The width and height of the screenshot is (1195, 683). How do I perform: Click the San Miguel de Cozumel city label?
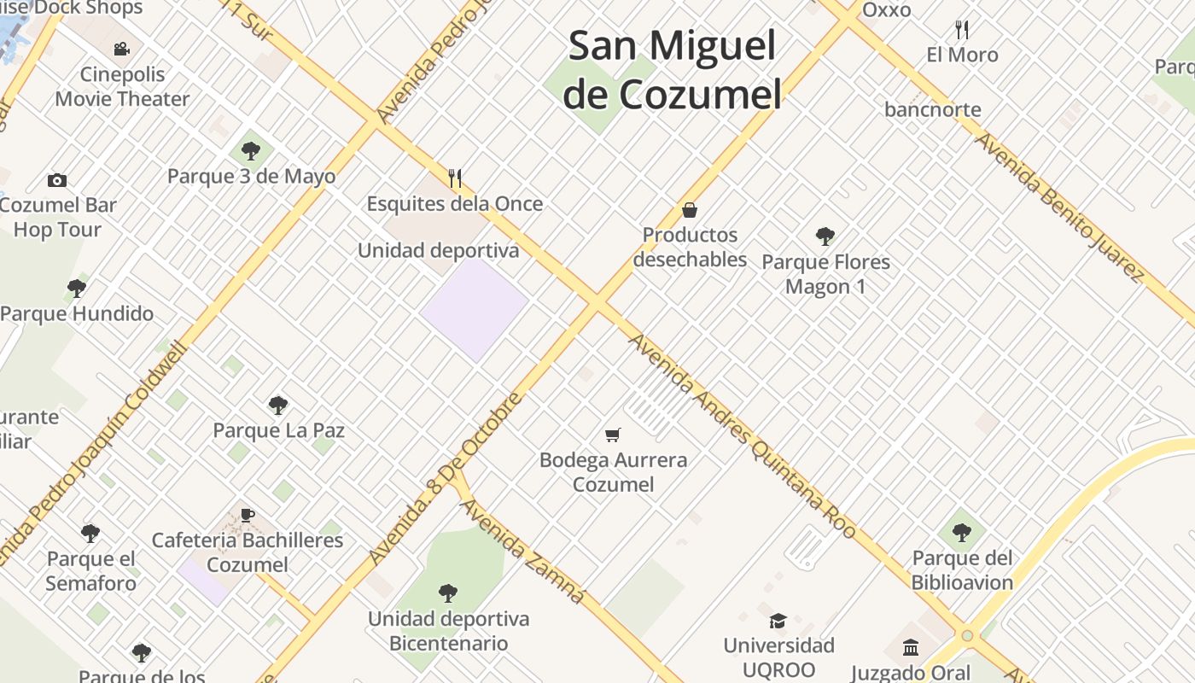click(x=673, y=70)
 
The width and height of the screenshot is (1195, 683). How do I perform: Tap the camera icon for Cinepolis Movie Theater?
click(x=122, y=50)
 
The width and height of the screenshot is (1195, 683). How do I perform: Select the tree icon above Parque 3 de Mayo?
click(x=251, y=151)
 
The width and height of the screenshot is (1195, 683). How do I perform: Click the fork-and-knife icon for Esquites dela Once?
click(x=455, y=178)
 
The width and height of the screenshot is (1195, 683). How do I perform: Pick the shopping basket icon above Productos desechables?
click(x=690, y=209)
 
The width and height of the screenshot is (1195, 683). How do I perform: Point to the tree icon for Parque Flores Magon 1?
click(x=825, y=236)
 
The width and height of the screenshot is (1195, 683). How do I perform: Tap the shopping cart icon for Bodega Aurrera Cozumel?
click(x=612, y=435)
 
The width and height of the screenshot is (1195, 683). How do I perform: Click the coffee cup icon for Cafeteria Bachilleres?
click(x=248, y=515)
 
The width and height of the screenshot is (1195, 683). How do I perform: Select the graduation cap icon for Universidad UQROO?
click(x=778, y=621)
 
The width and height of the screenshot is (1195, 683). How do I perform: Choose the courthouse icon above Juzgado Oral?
click(x=911, y=646)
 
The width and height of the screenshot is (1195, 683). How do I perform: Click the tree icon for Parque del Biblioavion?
click(x=962, y=533)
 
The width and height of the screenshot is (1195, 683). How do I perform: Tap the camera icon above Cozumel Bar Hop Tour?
click(x=57, y=180)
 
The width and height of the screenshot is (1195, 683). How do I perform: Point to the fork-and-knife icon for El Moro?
click(x=962, y=30)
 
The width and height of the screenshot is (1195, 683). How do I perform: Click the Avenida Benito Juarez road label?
click(x=1059, y=207)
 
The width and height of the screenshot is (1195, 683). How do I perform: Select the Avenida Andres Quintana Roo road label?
click(x=742, y=435)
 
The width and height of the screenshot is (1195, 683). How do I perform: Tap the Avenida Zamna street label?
click(x=523, y=551)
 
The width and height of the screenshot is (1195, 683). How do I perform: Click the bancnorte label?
click(x=933, y=109)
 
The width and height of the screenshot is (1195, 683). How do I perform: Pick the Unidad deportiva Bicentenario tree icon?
click(x=448, y=593)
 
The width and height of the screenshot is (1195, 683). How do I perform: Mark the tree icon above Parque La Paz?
click(x=278, y=405)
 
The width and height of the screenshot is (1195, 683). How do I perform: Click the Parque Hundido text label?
click(x=77, y=313)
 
